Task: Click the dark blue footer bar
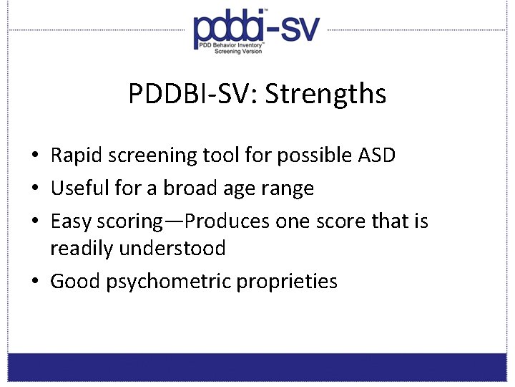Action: pyautogui.click(x=257, y=367)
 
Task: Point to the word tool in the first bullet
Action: pyautogui.click(x=222, y=155)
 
